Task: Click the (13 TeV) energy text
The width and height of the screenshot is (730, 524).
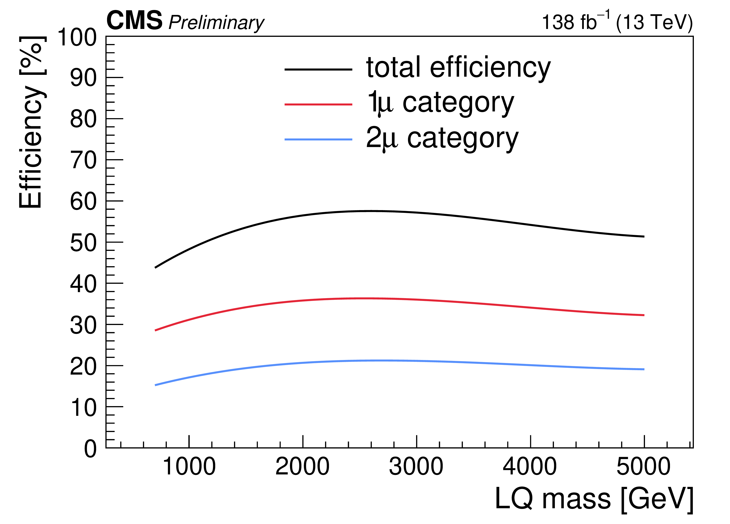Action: (x=654, y=22)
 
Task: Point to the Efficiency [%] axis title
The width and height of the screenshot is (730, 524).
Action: (x=31, y=122)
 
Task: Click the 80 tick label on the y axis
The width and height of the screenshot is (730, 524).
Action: (x=83, y=119)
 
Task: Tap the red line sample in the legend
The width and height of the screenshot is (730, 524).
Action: (x=318, y=104)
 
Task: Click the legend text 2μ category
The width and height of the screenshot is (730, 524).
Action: (x=442, y=139)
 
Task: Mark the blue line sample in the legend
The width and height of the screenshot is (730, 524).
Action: (x=318, y=139)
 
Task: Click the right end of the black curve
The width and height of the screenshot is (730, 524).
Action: (x=643, y=237)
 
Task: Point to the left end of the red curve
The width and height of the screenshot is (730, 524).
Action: (x=156, y=330)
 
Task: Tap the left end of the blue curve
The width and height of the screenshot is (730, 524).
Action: (x=156, y=385)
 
